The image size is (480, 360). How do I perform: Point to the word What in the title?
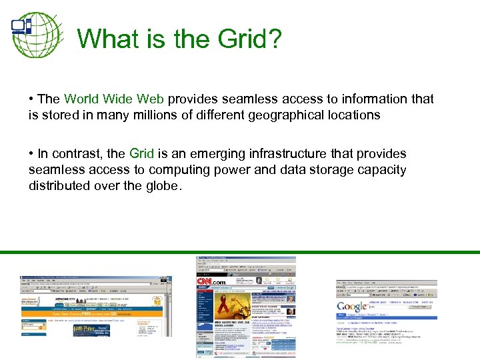[111, 39]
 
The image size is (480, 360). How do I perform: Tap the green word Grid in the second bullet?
[141, 154]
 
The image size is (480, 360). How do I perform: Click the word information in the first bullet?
[375, 99]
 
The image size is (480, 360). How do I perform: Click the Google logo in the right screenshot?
[351, 307]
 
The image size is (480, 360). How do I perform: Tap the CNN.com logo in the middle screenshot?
[212, 282]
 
